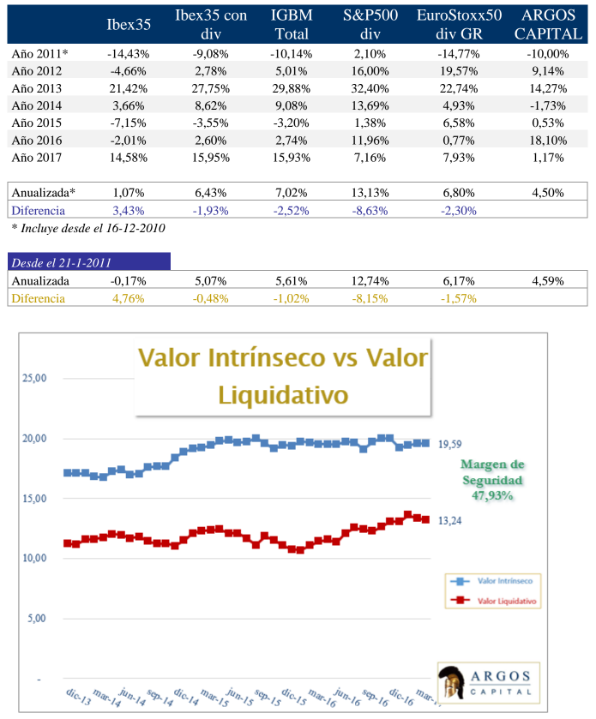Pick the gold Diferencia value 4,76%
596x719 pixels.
point(127,298)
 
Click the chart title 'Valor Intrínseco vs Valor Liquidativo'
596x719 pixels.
point(283,375)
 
